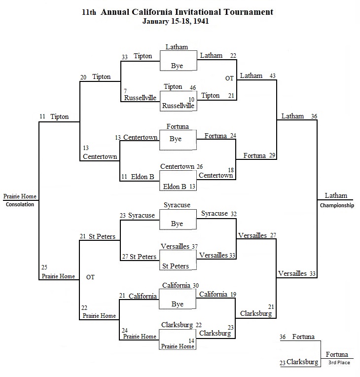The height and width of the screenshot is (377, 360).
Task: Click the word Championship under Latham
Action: pyautogui.click(x=337, y=205)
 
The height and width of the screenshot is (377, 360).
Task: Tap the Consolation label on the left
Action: pyautogui.click(x=20, y=204)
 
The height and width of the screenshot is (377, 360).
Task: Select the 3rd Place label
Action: pyautogui.click(x=339, y=363)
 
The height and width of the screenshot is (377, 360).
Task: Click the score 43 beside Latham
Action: pyautogui.click(x=272, y=76)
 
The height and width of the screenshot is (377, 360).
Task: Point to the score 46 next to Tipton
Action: pyautogui.click(x=193, y=88)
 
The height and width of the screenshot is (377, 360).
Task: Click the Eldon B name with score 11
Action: pyautogui.click(x=143, y=177)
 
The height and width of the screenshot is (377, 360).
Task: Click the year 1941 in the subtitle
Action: pyautogui.click(x=201, y=21)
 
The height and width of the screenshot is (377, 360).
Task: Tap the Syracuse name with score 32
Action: pyautogui.click(x=215, y=214)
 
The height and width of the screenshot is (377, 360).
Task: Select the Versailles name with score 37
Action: pyautogui.click(x=175, y=246)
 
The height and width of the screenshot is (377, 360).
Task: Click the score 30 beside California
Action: pyautogui.click(x=196, y=286)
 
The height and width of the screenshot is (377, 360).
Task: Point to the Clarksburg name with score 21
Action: pyautogui.click(x=256, y=314)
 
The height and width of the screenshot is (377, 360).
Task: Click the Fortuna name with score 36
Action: pyautogui.click(x=303, y=337)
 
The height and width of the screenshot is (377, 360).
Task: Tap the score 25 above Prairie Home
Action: pyautogui.click(x=44, y=267)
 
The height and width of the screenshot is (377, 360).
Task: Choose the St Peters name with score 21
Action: pyautogui.click(x=102, y=236)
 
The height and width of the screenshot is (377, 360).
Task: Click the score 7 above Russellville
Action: pyautogui.click(x=125, y=91)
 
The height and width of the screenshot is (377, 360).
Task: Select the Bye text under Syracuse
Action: pyautogui.click(x=177, y=224)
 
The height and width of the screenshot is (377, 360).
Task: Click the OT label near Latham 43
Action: pyautogui.click(x=229, y=78)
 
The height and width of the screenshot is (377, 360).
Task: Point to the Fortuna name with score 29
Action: pyautogui.click(x=254, y=156)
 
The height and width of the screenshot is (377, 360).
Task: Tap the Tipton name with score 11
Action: pyautogui.click(x=60, y=117)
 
